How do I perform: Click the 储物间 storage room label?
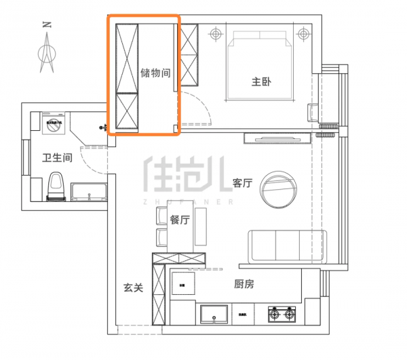point(155,73)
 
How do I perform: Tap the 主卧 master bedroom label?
point(261,83)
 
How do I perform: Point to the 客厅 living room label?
point(242,183)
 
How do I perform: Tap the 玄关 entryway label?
point(133,287)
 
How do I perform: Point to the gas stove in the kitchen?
point(283,314)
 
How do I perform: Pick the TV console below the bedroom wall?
point(277,138)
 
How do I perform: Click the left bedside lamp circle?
point(216,33)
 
